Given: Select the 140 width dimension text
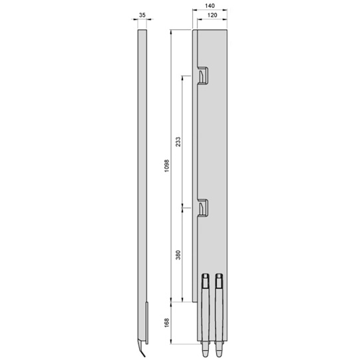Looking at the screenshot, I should pyautogui.click(x=210, y=5).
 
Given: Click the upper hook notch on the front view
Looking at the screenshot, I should pyautogui.click(x=202, y=76).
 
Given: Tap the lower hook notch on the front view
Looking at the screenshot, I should pyautogui.click(x=202, y=208).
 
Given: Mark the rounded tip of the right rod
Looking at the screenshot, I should pyautogui.click(x=219, y=349).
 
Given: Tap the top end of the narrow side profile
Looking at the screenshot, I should pyautogui.click(x=142, y=31).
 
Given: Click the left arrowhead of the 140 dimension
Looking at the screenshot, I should pyautogui.click(x=194, y=11).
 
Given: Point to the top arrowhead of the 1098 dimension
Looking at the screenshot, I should pyautogui.click(x=172, y=32).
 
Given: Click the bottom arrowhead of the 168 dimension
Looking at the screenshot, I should pyautogui.click(x=172, y=344).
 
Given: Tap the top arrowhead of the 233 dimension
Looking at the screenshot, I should pyautogui.click(x=182, y=77).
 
